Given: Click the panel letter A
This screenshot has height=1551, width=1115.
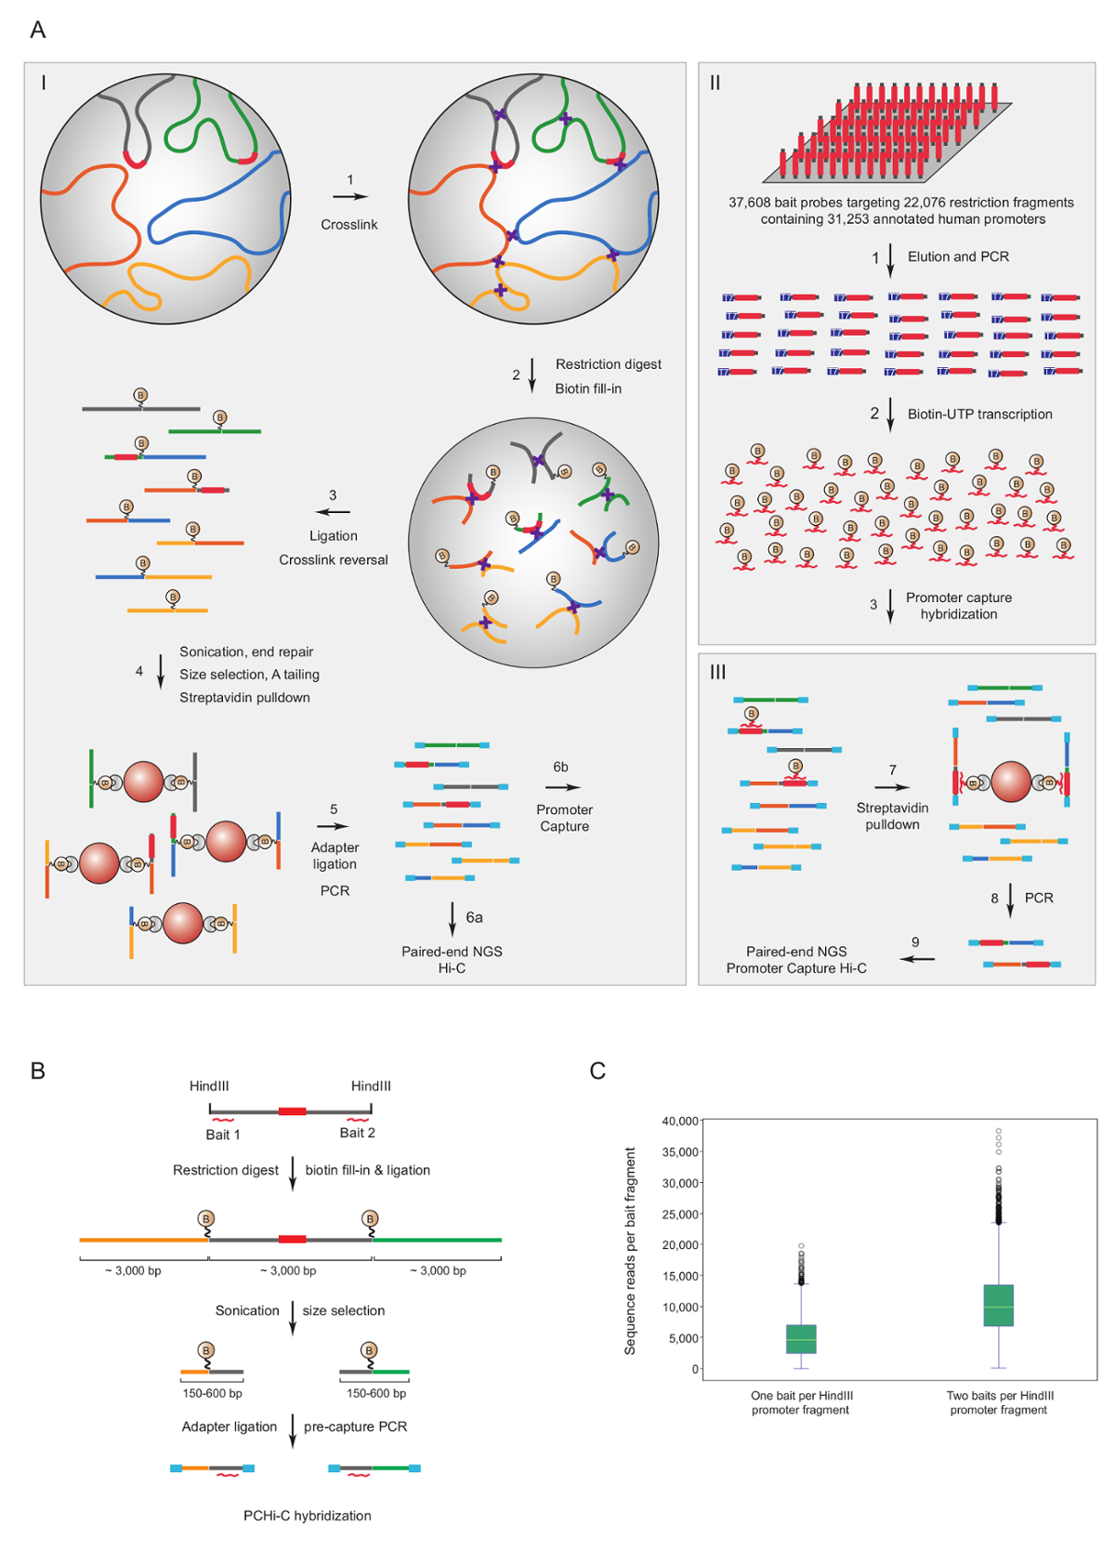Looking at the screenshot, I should [38, 31].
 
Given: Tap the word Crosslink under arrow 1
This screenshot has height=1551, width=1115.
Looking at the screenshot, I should [349, 225].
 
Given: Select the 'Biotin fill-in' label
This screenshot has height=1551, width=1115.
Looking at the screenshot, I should [588, 388].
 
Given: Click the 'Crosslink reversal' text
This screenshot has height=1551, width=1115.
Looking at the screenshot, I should [334, 559].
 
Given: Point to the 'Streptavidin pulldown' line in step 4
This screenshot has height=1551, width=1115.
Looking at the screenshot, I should [244, 697].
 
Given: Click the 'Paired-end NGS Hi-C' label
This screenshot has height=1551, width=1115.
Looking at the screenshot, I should [452, 960].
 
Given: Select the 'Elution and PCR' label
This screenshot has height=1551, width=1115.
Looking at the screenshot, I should [958, 256].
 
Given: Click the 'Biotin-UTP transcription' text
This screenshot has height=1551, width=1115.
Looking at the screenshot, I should [979, 414].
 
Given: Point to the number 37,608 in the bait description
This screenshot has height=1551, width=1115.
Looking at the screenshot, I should [749, 203].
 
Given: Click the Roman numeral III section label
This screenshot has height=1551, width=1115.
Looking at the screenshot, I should [718, 672].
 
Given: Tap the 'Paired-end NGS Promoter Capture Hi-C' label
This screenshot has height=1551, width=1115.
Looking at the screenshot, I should [796, 960].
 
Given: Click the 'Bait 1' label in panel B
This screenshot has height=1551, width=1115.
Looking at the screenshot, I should [223, 1135].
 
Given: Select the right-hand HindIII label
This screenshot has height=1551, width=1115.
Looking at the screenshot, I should [371, 1086].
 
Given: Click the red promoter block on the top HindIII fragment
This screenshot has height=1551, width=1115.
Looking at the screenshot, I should [293, 1111].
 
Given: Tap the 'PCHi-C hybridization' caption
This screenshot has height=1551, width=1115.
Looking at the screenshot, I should [308, 1516].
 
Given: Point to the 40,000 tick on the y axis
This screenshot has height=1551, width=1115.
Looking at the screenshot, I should [679, 1122].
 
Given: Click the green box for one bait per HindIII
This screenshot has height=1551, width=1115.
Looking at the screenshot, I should [801, 1339].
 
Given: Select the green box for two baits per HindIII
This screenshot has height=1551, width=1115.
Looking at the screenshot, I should [999, 1306].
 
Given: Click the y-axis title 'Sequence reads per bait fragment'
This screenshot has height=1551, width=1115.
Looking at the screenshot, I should [631, 1250].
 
